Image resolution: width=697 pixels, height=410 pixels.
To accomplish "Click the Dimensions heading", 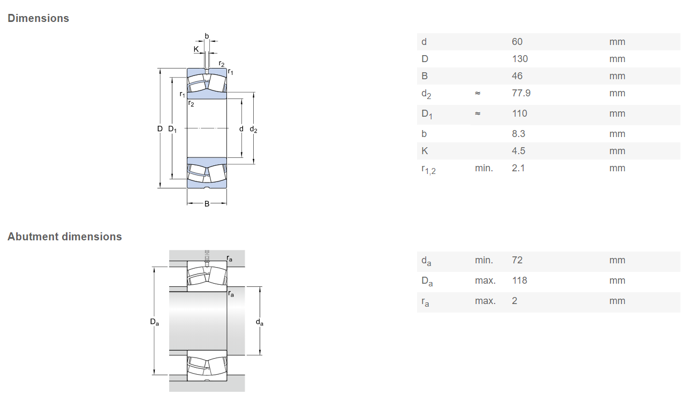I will [38, 18].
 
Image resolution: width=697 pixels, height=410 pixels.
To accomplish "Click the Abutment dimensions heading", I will [65, 237].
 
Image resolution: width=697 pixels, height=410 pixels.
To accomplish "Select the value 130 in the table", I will [519, 59].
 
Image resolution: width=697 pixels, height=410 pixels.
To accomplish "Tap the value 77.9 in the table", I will [521, 93].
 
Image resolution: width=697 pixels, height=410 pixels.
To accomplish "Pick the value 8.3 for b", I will [518, 134].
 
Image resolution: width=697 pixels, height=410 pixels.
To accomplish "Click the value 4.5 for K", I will [518, 151].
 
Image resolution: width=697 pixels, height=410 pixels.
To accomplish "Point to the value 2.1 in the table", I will [518, 168].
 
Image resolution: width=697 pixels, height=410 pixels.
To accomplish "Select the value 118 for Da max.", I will [519, 280].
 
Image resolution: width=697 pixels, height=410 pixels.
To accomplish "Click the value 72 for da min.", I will [517, 260].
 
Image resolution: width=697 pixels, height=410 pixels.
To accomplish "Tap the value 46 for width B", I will [517, 76].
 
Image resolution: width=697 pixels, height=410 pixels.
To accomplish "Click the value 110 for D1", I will [519, 113].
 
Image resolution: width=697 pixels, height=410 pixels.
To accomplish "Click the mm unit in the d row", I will [617, 42].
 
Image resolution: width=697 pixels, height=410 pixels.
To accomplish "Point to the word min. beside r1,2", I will [483, 168].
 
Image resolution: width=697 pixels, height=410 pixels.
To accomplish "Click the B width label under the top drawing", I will [207, 203].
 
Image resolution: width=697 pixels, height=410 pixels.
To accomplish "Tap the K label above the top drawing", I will [196, 49].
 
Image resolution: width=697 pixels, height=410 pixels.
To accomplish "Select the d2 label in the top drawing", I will [253, 129].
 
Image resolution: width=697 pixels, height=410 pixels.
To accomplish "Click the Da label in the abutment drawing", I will [154, 322].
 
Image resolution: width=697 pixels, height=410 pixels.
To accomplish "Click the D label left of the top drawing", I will [160, 128].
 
